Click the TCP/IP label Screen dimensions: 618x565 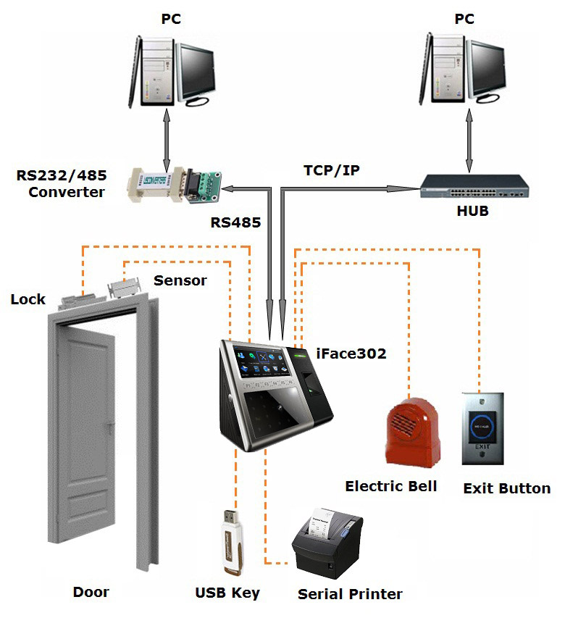(x=332, y=171)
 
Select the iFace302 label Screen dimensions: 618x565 (x=351, y=354)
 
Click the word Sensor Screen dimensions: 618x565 (x=180, y=280)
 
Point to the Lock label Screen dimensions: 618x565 (x=28, y=299)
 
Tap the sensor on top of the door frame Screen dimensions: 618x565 (x=122, y=288)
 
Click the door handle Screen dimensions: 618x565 (x=109, y=422)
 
